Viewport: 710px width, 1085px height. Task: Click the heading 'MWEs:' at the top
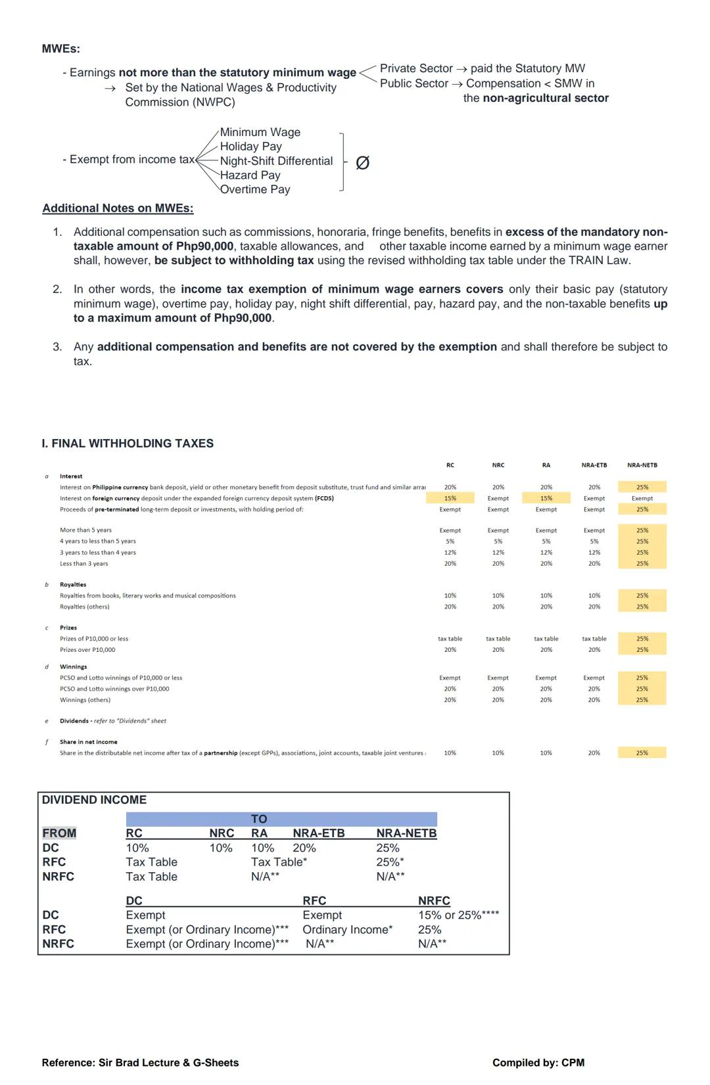pos(60,49)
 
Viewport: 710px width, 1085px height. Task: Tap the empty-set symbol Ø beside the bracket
pos(362,163)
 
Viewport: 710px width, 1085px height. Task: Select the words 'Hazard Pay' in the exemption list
pos(250,175)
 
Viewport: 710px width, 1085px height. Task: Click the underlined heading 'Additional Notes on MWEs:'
pos(118,208)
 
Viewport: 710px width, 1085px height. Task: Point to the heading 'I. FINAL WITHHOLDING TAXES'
pos(127,444)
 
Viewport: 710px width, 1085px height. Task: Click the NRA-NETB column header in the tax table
pos(642,465)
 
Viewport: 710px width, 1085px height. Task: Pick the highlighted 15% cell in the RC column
pos(450,499)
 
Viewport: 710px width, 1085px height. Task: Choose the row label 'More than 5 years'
pos(85,530)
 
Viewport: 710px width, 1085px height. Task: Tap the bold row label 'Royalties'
pos(73,585)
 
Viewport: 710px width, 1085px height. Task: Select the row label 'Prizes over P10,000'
pos(87,650)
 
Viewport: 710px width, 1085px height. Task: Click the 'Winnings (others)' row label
pos(85,700)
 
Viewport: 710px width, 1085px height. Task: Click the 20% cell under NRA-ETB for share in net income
pos(594,753)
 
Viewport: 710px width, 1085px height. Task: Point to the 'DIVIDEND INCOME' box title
pos(94,800)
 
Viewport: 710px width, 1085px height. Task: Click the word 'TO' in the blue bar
pos(259,819)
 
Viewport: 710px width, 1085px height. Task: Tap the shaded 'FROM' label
pos(59,833)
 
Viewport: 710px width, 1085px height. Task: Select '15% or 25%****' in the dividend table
pos(458,915)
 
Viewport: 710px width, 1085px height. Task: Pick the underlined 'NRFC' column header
pos(434,900)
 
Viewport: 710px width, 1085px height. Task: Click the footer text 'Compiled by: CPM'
pos(538,1063)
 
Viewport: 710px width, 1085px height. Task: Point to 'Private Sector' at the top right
pos(415,68)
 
